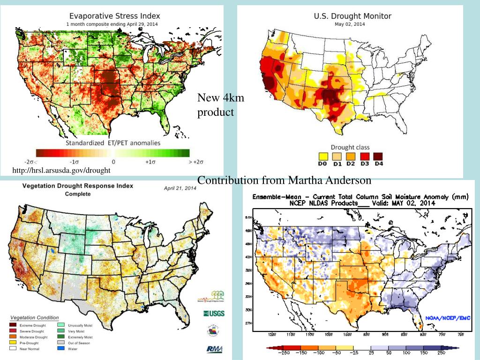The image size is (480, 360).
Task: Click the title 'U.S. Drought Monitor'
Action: point(352,16)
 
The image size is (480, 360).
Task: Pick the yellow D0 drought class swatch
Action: point(322,156)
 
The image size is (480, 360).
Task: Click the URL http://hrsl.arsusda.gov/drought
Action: point(62,170)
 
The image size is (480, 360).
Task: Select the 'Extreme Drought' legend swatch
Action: point(14,325)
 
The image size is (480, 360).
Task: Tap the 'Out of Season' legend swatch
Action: point(61,343)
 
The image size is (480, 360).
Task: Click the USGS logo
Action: point(213,313)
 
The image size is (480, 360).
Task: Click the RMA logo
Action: point(214,349)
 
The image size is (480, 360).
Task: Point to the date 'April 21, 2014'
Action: point(180,188)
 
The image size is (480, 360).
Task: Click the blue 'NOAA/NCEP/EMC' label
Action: point(447,318)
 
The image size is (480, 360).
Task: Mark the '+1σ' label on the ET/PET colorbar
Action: point(150,162)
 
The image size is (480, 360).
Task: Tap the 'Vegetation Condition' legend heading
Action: point(35,317)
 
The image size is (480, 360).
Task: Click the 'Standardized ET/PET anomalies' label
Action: point(112,142)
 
